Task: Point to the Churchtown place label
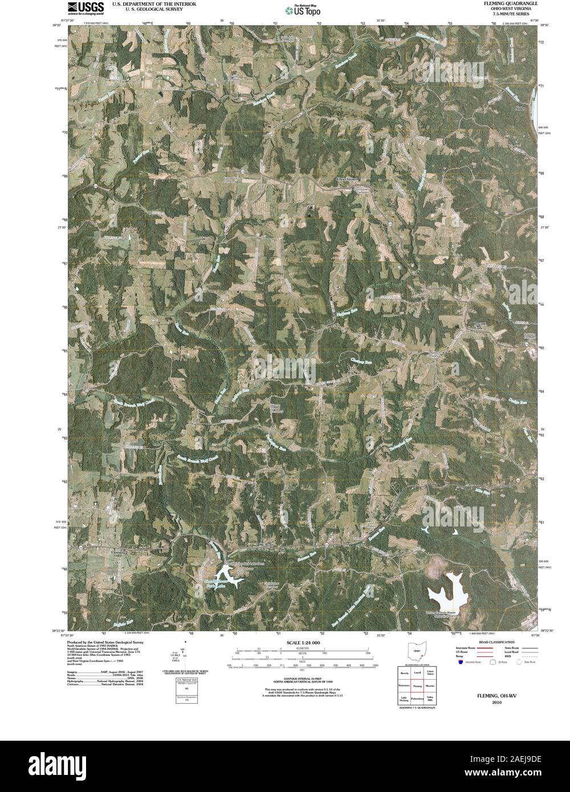point(349,179)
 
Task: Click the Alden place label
point(519,108)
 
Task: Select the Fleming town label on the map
point(118,553)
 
